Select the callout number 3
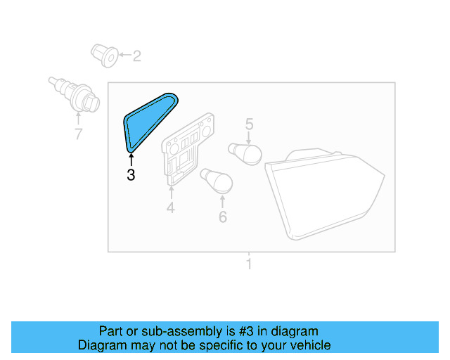point(131,175)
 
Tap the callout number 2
point(136,56)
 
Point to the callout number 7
point(78,134)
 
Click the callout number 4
point(170,207)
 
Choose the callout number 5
point(249,124)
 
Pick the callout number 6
point(223,217)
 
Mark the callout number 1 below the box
point(248,265)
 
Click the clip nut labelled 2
point(104,56)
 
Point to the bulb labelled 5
point(245,153)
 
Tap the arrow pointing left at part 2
point(123,55)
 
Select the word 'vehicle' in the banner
point(309,345)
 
